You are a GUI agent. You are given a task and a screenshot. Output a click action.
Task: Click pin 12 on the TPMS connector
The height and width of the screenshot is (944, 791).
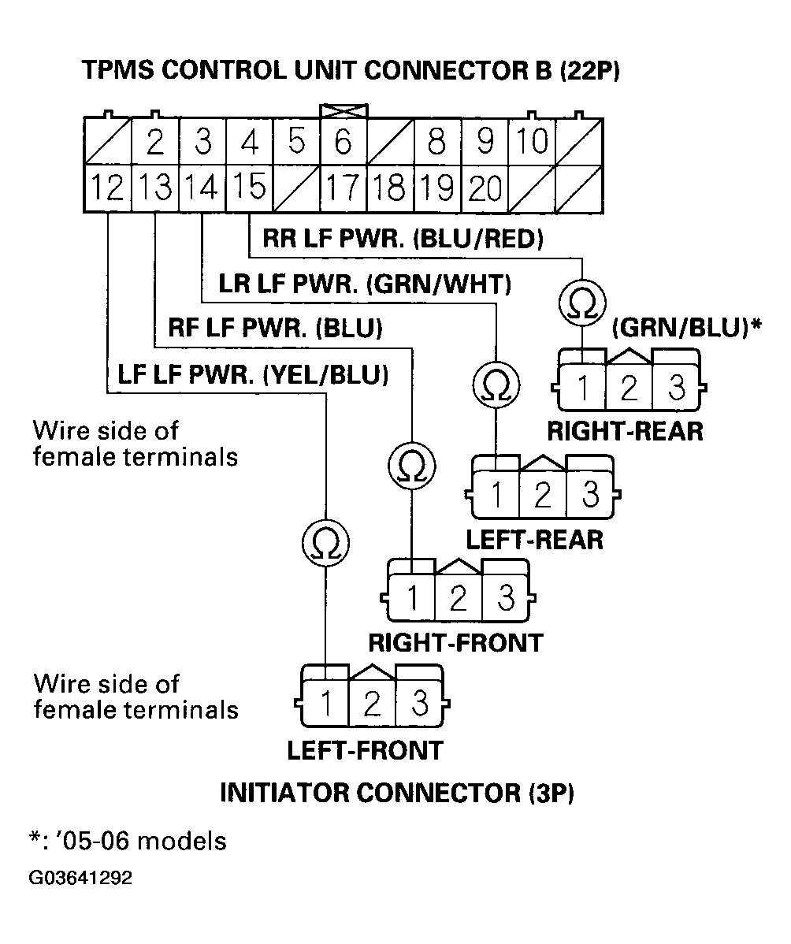point(106,189)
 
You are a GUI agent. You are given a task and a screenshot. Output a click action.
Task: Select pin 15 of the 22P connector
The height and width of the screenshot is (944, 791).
point(249,189)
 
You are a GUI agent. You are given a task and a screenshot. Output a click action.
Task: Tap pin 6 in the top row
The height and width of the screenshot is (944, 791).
point(344,143)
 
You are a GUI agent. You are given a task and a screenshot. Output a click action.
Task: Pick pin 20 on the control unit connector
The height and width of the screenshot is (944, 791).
point(485,189)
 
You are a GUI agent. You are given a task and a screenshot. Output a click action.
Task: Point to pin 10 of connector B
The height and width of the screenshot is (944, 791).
point(533,143)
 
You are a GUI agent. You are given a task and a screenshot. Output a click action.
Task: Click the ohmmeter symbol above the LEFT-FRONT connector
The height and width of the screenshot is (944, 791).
point(325,543)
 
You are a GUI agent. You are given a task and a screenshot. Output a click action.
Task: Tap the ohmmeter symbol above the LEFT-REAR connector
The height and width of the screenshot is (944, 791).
point(495,385)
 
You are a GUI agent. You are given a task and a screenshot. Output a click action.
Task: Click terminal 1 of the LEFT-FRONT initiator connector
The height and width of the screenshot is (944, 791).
point(325,702)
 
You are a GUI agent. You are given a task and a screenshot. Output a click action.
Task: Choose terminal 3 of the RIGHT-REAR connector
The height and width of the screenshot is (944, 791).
point(676,388)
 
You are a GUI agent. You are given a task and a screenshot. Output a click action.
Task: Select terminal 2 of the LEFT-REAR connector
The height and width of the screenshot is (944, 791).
point(543,496)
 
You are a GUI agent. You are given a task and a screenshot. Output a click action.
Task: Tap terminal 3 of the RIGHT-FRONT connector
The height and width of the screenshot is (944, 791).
point(505,599)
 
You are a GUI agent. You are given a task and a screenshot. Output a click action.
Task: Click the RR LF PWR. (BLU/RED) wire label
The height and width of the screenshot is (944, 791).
point(403,238)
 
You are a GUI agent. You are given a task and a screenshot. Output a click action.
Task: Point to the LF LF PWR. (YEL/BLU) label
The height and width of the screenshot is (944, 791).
point(253,375)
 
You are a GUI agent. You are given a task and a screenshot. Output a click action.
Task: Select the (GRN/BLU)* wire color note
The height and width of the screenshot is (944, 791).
point(685,325)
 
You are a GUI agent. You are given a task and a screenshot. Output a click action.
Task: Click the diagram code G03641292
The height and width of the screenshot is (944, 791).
point(81,878)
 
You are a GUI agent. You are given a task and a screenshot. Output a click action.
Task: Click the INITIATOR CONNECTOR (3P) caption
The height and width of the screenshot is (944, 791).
point(396,793)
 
